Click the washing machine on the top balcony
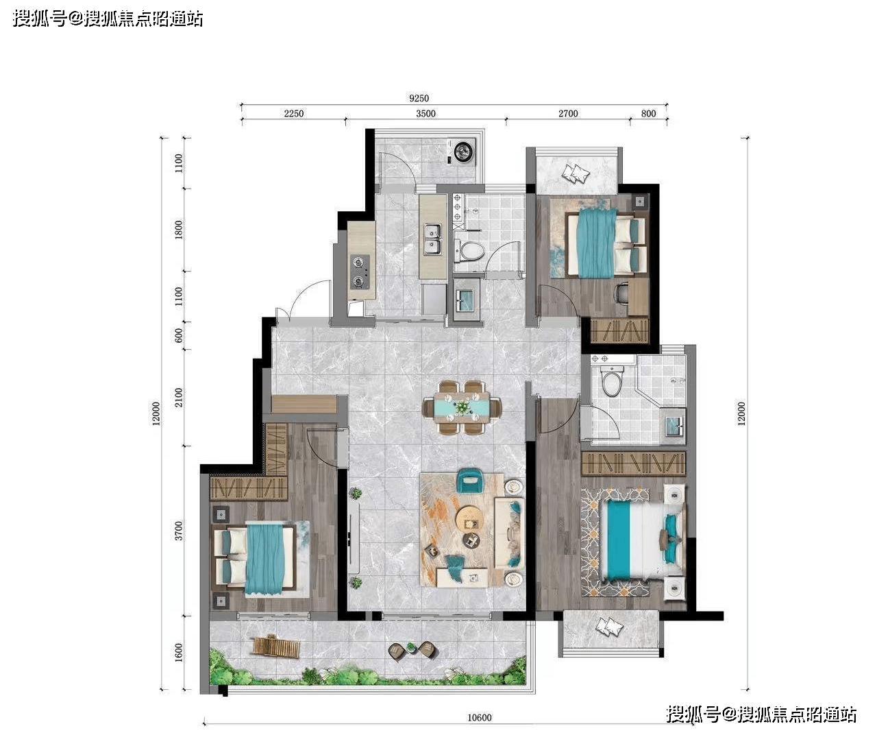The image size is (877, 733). point(464,152)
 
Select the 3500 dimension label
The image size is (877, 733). point(425,114)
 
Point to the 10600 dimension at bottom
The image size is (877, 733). point(479,718)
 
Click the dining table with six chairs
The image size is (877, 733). point(462,408)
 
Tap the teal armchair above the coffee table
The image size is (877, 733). point(470,480)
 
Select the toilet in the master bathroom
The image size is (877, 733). point(611,382)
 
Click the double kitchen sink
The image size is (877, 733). point(432,239)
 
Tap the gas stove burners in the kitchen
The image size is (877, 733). point(360,271)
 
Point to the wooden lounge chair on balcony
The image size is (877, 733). point(275,646)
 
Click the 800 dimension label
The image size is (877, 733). point(648,114)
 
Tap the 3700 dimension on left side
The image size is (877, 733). point(179,530)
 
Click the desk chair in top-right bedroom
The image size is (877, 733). point(621,293)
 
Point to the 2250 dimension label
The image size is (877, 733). point(293,114)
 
